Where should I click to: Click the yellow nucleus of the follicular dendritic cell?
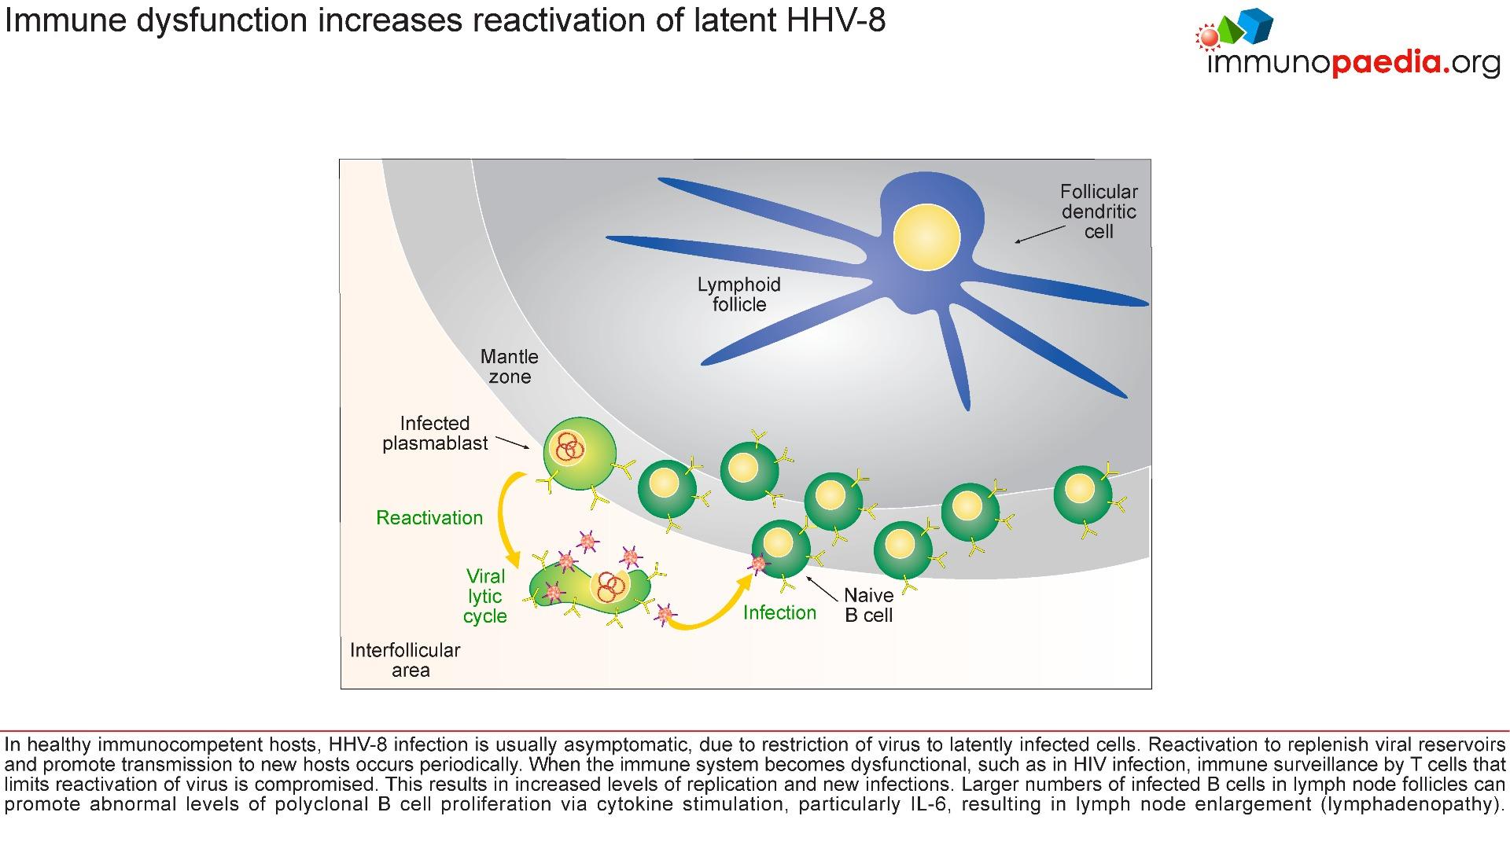926,237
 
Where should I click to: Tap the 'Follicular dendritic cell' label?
1099,211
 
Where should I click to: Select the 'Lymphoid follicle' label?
739,295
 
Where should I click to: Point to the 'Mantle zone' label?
510,366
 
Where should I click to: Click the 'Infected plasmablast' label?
435,433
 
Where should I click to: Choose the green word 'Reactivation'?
429,517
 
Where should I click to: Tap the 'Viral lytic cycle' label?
485,596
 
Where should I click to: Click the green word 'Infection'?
779,612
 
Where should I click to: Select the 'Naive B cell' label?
868,605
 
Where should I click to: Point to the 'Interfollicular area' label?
405,660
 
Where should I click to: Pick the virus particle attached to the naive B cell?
757,564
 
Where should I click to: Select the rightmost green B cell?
1083,494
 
